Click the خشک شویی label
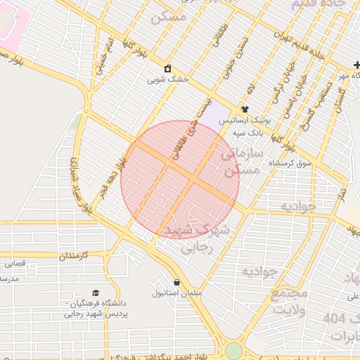tap(168, 80)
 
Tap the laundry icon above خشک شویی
tap(168, 69)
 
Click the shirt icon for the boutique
tap(245, 109)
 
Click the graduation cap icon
tap(96, 292)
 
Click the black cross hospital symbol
tap(356, 65)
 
